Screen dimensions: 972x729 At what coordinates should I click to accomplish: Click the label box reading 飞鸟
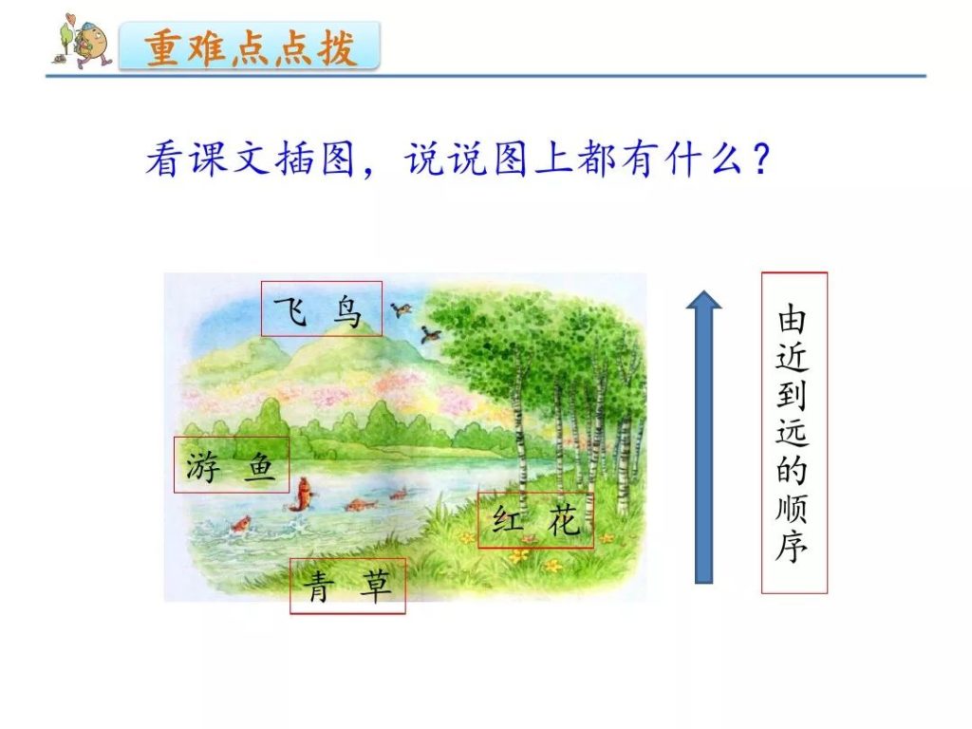click(321, 308)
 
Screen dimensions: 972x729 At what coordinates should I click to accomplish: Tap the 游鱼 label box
click(232, 465)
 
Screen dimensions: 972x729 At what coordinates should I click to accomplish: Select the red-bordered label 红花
click(535, 520)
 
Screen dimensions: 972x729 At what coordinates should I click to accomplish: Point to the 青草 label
click(347, 586)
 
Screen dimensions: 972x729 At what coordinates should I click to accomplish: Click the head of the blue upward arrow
click(703, 299)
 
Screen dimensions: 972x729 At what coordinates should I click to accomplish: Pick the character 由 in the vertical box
click(793, 319)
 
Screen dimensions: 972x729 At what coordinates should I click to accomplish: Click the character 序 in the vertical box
click(793, 546)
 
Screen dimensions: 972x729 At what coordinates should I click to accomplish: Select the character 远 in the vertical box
click(793, 432)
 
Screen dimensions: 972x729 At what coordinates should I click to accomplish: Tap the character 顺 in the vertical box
click(793, 509)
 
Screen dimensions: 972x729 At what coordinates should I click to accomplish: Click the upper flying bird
click(402, 308)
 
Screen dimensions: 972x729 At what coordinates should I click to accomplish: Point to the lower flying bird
click(430, 335)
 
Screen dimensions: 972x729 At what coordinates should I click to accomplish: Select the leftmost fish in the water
click(240, 524)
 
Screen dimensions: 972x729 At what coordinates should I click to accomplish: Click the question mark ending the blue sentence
click(760, 159)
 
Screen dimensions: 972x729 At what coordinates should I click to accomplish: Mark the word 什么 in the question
click(705, 159)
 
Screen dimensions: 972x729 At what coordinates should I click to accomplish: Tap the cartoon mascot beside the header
click(82, 41)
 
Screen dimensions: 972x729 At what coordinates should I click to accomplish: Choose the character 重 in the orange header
click(163, 47)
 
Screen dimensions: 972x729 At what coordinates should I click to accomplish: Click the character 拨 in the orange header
click(338, 47)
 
